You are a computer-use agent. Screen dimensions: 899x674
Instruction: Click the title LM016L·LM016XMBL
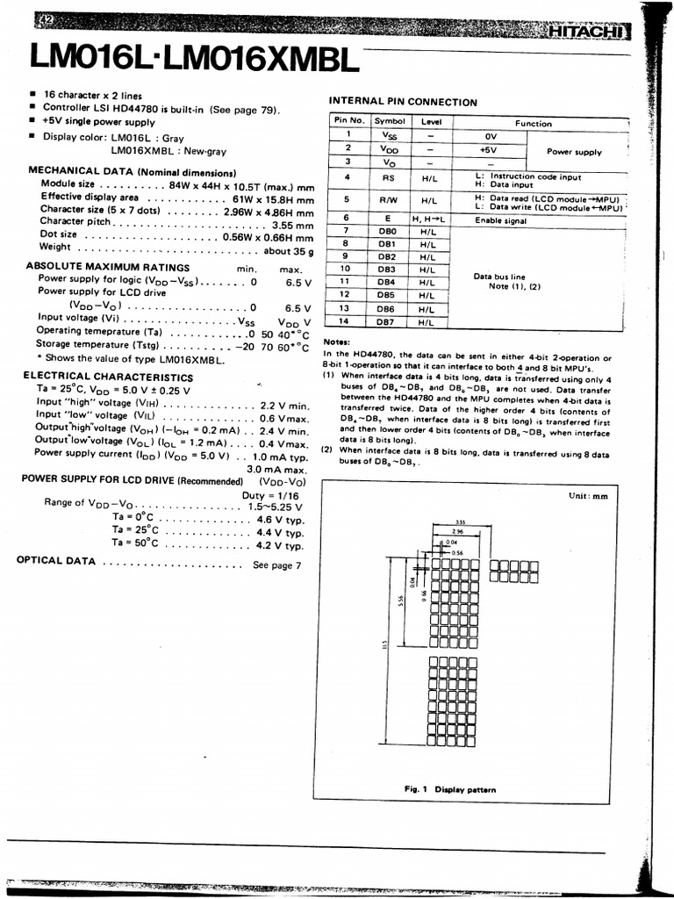click(x=194, y=61)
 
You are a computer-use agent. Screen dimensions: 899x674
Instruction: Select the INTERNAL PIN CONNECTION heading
click(x=403, y=103)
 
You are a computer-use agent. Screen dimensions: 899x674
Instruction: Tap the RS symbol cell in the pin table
click(x=389, y=177)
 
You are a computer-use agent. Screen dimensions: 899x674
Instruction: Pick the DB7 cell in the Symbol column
click(x=387, y=322)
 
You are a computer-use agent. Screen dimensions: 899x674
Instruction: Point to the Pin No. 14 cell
click(x=345, y=322)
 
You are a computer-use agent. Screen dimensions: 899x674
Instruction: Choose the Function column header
click(x=534, y=123)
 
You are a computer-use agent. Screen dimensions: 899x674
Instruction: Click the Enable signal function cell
click(x=501, y=220)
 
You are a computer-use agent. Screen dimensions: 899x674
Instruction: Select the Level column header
click(x=430, y=122)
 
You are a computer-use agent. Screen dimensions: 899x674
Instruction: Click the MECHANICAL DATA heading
click(x=132, y=172)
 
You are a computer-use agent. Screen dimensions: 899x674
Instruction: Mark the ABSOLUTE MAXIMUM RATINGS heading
click(x=108, y=267)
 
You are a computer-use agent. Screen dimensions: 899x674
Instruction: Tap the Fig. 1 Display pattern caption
click(x=449, y=789)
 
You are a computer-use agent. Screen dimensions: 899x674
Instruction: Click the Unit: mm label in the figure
click(x=587, y=496)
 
